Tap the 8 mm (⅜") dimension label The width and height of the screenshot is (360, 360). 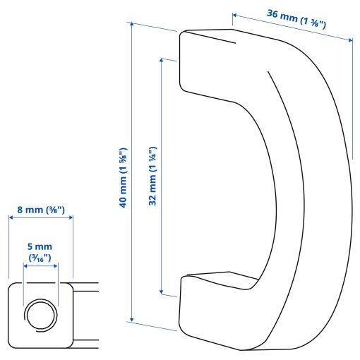40,209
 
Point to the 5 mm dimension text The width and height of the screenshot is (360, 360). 40,246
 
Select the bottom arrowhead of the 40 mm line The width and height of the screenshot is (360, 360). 131,319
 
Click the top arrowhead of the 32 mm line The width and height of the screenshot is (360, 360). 162,61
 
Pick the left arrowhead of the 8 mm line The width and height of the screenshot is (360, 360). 11,219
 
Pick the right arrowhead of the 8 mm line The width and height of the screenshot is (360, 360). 71,219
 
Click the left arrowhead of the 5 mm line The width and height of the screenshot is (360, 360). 25,266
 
